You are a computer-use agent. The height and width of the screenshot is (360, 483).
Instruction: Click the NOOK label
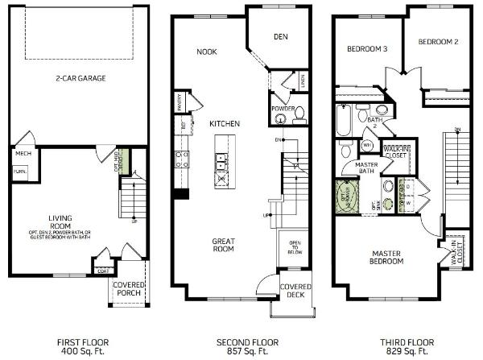point(207,52)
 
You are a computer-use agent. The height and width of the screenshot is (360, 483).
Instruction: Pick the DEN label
point(280,36)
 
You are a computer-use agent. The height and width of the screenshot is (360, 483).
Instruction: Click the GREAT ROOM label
point(223,245)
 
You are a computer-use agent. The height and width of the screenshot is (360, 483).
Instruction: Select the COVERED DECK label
point(295,291)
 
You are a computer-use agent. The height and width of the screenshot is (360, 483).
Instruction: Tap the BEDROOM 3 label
point(367,49)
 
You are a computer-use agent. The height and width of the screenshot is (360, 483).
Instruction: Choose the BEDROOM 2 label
point(437,41)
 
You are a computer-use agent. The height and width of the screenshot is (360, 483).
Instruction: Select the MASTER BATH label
point(366,168)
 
